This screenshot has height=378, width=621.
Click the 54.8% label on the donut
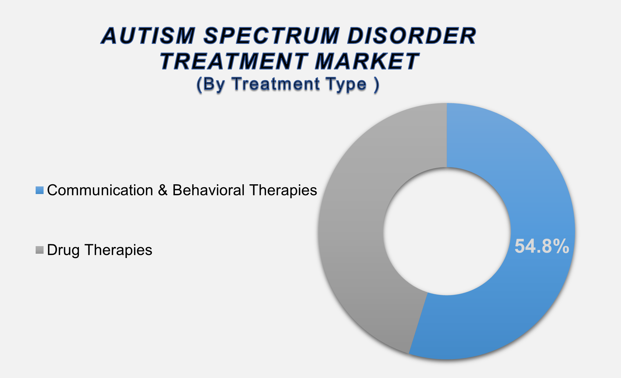tap(541, 246)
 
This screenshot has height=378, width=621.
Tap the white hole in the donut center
tap(447, 231)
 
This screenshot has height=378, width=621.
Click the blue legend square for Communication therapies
tap(40, 190)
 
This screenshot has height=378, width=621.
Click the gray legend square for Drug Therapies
tap(40, 250)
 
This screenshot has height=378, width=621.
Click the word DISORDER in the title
tap(411, 36)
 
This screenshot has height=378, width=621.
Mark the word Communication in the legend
tap(100, 190)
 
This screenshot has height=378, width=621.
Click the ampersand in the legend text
tap(163, 191)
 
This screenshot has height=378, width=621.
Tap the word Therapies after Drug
tap(118, 250)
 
